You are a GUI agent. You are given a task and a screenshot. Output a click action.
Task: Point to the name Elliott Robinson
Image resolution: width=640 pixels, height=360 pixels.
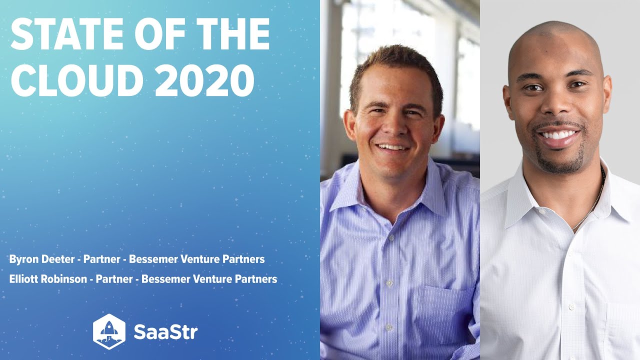47,279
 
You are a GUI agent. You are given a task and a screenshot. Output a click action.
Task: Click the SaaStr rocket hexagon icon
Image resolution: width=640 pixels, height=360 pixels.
109,331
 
